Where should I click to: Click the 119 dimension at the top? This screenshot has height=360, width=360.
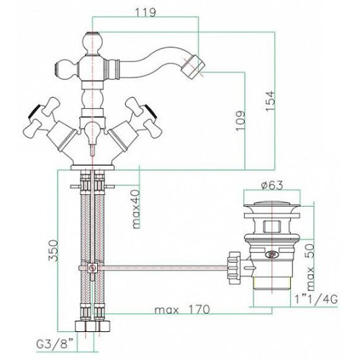coord(145,12)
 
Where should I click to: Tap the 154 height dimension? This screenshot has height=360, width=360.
coord(269,100)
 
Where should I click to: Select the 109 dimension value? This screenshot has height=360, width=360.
coord(240,120)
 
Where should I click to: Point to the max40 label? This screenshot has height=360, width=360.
coord(136,209)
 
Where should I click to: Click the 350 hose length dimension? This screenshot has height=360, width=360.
coord(53,251)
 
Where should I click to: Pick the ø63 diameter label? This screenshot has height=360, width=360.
coord(272,185)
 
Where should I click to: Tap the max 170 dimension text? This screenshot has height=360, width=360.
coord(182,310)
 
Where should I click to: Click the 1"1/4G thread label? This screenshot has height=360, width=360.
coord(316,300)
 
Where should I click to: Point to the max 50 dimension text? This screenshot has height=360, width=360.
coord(310,267)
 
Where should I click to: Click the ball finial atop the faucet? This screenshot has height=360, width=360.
coord(92,42)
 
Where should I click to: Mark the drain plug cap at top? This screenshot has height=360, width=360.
coord(271,207)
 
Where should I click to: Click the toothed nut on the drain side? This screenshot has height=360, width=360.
coord(235,267)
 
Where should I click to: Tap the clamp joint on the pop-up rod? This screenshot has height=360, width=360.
coord(92,267)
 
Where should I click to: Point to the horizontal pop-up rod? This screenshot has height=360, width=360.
coord(163,267)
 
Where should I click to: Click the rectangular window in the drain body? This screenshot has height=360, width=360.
coord(271,227)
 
